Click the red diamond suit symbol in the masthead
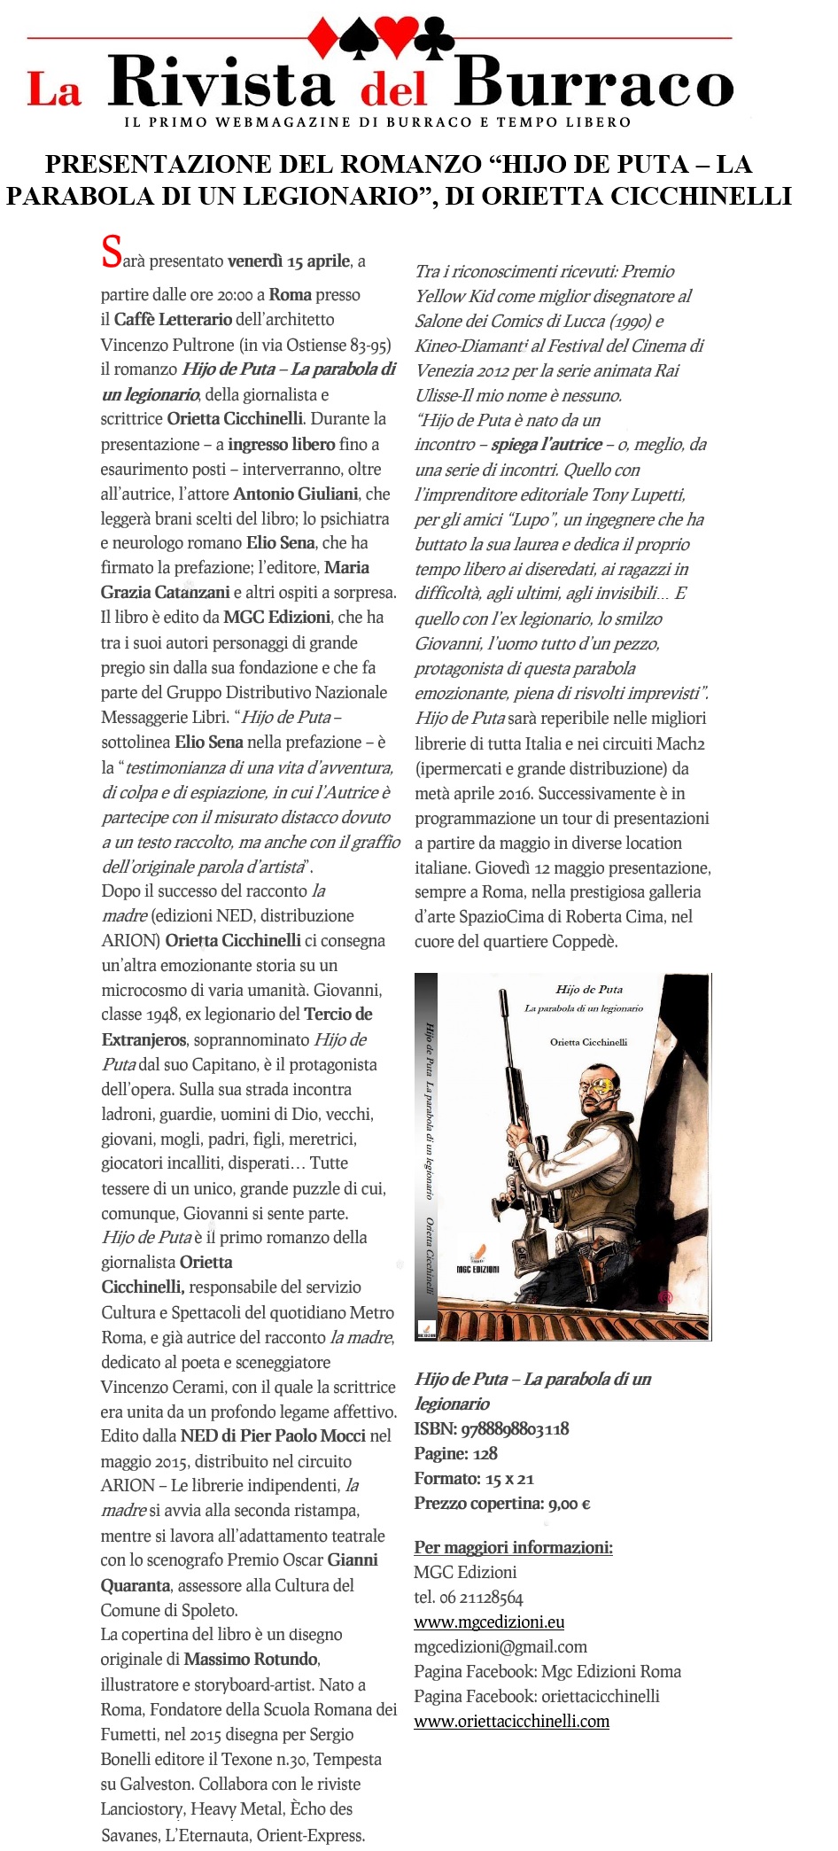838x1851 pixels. coord(322,36)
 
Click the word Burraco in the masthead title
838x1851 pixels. coord(594,86)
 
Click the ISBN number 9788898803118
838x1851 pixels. coord(516,1428)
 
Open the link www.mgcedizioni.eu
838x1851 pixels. coord(489,1622)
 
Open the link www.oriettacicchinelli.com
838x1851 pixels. coord(512,1721)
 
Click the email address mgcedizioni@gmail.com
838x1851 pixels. coord(500,1646)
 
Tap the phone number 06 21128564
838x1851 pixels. coord(481,1597)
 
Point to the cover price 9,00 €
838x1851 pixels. coord(570,1503)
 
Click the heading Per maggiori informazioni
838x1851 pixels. coord(513,1547)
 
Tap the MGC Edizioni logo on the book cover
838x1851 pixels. coord(477,1263)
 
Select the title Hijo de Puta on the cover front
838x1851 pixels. coord(589,989)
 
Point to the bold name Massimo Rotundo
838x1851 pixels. coord(251,1659)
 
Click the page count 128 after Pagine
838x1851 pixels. coord(485,1453)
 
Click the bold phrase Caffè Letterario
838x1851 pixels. coord(173,319)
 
